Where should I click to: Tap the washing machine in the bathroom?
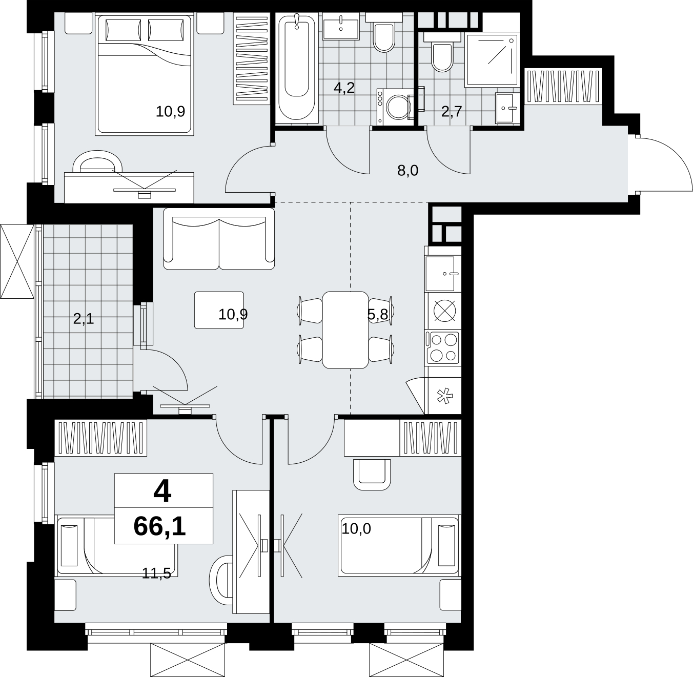[x=396, y=107]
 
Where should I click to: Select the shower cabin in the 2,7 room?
[x=491, y=60]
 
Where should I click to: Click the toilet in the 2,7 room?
[x=442, y=52]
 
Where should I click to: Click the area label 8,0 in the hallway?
[x=407, y=171]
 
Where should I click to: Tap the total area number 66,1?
[x=159, y=527]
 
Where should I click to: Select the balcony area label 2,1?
[x=84, y=319]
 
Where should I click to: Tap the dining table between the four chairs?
[x=345, y=330]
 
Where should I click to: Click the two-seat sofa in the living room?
[x=219, y=239]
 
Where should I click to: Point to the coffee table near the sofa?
[x=219, y=310]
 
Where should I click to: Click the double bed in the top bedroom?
[x=144, y=75]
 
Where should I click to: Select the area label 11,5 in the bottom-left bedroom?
[x=156, y=573]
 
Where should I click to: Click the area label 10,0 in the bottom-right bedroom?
[x=356, y=529]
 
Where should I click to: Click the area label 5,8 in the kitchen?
[x=377, y=314]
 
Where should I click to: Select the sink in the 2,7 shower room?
[x=507, y=108]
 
